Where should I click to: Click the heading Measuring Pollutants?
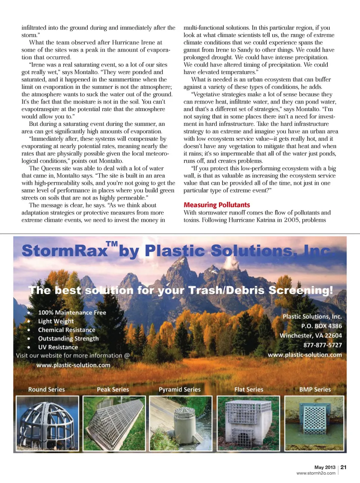point(216,205)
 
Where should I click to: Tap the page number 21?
point(343,467)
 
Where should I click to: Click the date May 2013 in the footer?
point(325,467)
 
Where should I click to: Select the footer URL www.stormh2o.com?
point(316,473)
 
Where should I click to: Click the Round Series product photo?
point(47,423)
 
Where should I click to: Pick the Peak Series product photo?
point(114,423)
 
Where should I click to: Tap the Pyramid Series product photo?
point(181,423)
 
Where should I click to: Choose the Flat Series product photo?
point(249,423)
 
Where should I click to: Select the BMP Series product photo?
point(314,423)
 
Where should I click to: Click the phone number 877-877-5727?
point(322,345)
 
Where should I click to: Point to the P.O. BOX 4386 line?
point(321,326)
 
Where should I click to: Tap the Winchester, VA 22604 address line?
point(310,335)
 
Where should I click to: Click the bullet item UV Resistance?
point(58,347)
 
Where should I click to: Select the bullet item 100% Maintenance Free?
point(72,312)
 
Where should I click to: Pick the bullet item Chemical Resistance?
point(66,330)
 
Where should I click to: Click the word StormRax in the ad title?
point(64,251)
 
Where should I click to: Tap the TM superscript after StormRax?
point(112,244)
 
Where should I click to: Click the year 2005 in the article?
point(291,220)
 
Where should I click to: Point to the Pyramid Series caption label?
point(179,389)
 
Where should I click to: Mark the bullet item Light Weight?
point(56,321)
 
